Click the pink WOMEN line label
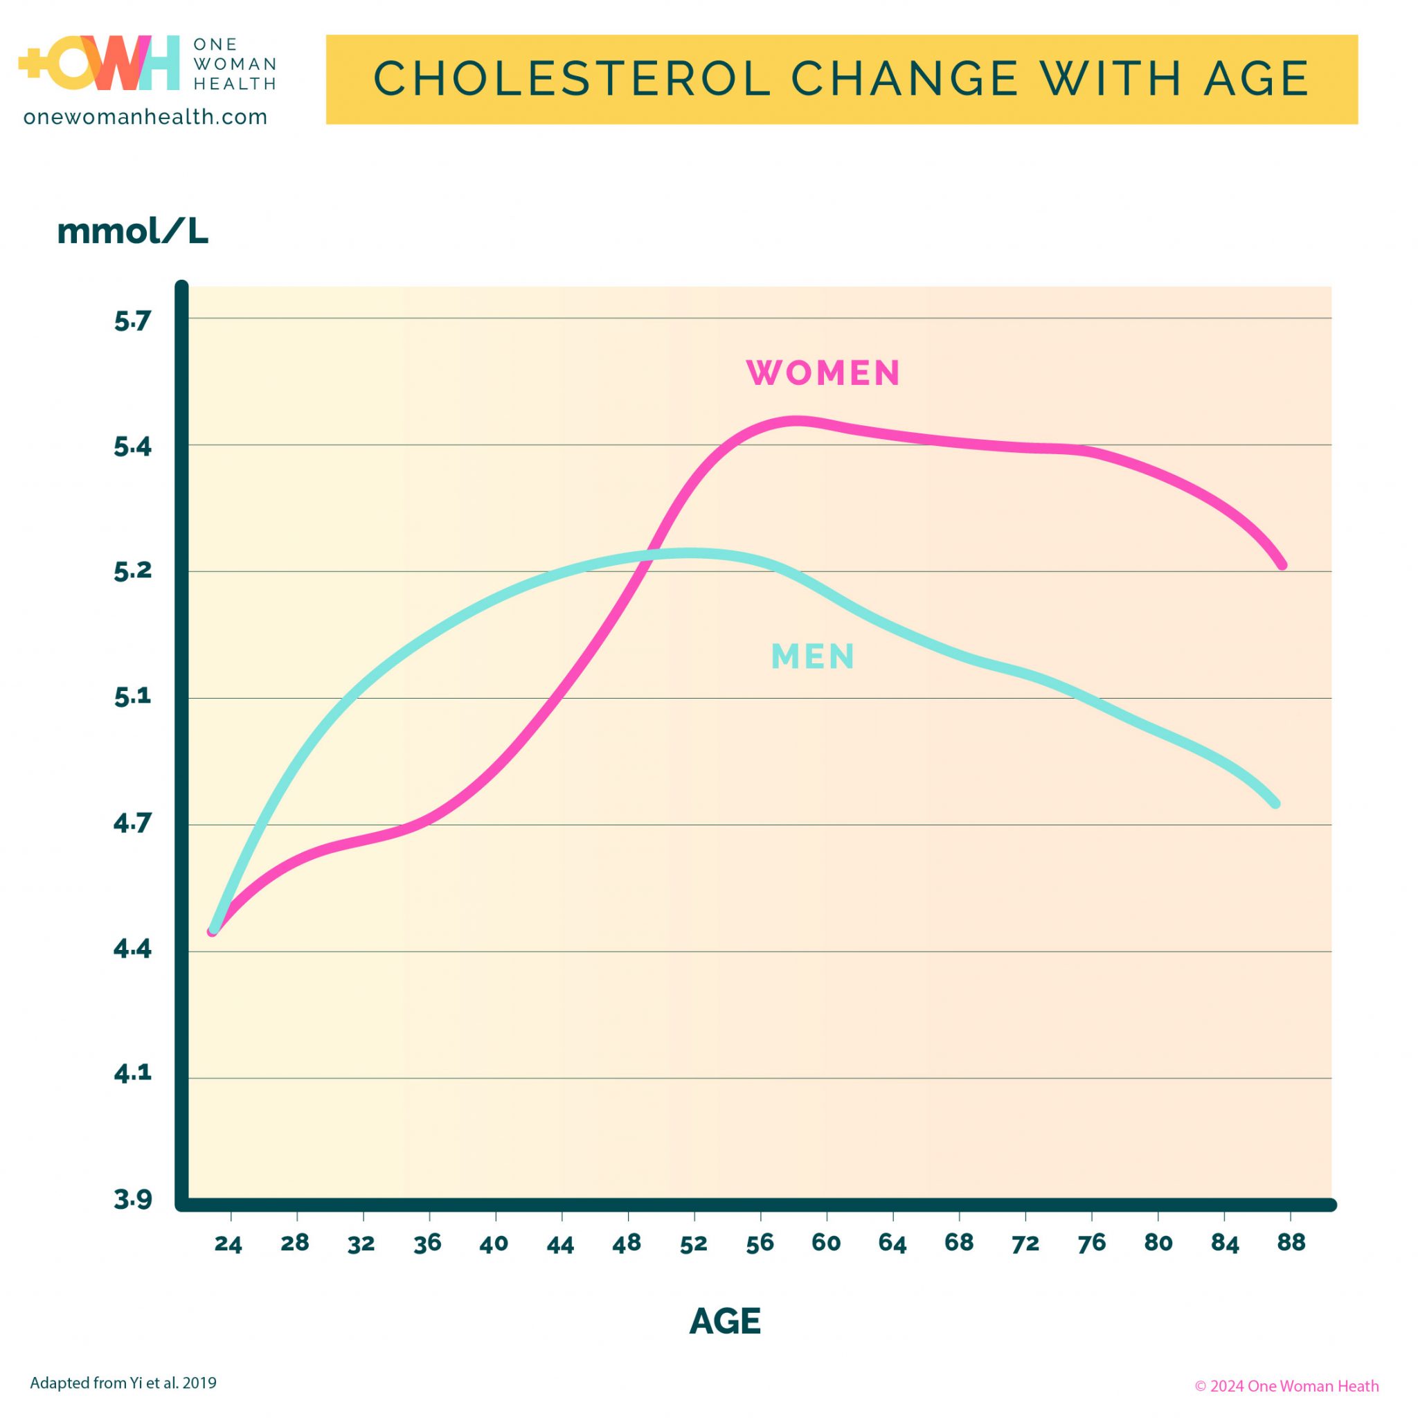(x=823, y=373)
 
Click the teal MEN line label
(x=812, y=656)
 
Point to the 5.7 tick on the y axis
(x=132, y=321)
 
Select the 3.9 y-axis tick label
(x=132, y=1199)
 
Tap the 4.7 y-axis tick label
(x=132, y=823)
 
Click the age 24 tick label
(x=228, y=1244)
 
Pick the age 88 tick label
(x=1291, y=1242)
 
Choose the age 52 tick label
(x=693, y=1244)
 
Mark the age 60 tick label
(x=826, y=1243)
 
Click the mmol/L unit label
(x=133, y=231)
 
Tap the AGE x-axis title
(x=725, y=1322)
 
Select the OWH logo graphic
(x=99, y=62)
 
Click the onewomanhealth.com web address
(x=145, y=117)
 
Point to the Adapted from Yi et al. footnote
(x=123, y=1383)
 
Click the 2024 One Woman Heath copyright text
(x=1286, y=1385)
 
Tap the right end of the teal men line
(x=1275, y=804)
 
